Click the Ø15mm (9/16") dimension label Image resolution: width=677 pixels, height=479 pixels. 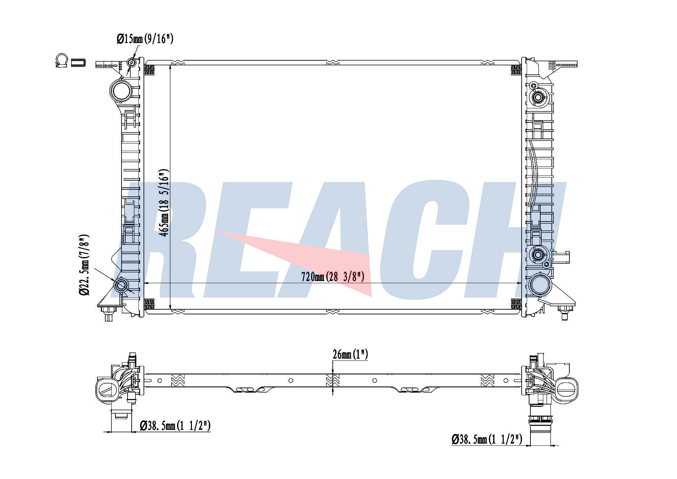coord(145,39)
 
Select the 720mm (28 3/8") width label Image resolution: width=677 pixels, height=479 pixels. coord(333,277)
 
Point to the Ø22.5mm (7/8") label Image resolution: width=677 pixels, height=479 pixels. coord(84,264)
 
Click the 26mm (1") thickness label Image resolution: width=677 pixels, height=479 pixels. coord(350,354)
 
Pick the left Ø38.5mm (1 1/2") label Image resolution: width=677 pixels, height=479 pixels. coord(175,425)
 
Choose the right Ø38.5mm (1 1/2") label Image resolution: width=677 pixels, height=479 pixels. coord(487,439)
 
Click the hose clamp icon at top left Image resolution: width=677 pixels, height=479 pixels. coord(62,60)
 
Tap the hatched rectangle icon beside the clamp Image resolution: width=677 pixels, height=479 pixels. coord(78,62)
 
